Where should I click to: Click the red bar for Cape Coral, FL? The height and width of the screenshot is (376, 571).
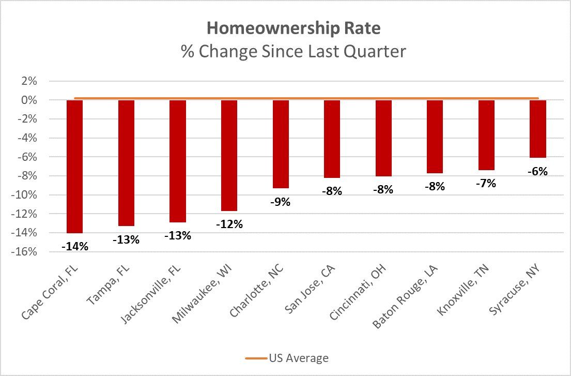(x=74, y=167)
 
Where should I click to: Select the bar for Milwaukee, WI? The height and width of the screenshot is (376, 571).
(x=229, y=156)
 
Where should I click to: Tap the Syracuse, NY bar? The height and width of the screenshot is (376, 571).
(x=538, y=129)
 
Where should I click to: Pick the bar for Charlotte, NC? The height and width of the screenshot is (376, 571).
(x=281, y=144)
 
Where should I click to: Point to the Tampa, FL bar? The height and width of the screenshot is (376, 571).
(x=126, y=163)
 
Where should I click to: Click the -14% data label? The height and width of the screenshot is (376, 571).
(x=74, y=247)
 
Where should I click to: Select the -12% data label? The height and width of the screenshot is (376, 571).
(x=229, y=224)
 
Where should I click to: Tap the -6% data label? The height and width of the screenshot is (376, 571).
(x=538, y=171)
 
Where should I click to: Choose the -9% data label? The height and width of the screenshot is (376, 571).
(x=281, y=202)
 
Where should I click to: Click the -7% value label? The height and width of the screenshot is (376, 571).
(x=486, y=184)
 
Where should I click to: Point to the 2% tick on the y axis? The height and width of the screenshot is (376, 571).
(x=29, y=81)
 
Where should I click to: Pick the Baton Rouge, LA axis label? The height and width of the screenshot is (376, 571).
(x=405, y=297)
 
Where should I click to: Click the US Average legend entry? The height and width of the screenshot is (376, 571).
(x=287, y=358)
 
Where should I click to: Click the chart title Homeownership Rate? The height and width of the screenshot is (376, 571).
(x=294, y=28)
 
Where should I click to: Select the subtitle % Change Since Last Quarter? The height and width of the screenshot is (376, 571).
(x=294, y=51)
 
